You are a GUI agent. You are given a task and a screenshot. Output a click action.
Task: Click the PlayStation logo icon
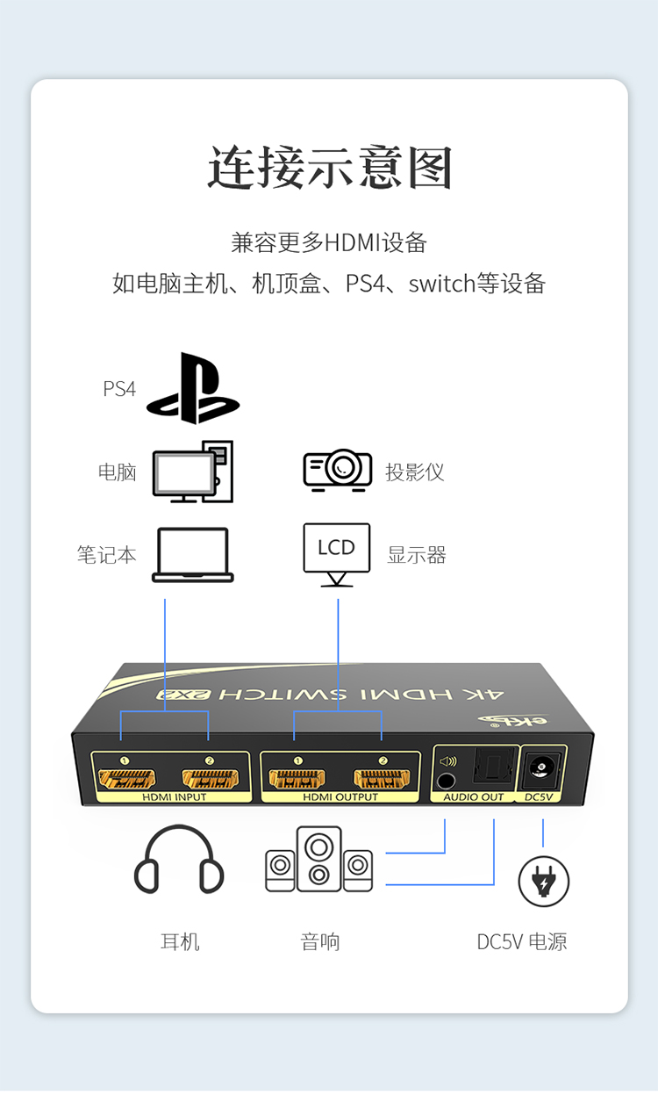193,388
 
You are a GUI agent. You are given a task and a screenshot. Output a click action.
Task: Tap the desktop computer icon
193,472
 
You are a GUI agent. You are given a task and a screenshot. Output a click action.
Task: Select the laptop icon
192,555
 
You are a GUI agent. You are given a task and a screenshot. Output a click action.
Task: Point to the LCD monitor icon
337,555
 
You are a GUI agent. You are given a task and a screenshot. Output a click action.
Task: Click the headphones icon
179,860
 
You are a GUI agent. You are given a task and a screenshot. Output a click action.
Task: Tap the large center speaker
319,859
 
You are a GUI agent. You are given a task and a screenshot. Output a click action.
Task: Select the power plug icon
544,882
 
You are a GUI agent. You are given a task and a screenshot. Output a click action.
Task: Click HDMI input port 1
127,778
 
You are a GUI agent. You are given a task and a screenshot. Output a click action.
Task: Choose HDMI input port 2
211,778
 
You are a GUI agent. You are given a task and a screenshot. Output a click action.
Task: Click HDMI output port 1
297,778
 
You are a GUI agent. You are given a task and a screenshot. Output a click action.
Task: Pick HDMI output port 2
382,778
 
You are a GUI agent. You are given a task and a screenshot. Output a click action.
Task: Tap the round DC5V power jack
541,767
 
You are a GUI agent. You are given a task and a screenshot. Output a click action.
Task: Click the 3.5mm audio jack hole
446,782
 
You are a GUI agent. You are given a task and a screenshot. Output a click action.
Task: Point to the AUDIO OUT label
474,797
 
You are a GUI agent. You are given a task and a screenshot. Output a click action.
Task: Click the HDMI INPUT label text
175,797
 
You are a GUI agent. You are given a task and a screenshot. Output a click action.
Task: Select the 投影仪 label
415,472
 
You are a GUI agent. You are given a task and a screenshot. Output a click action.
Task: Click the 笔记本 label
106,555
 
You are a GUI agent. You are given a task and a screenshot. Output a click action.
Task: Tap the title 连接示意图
330,167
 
